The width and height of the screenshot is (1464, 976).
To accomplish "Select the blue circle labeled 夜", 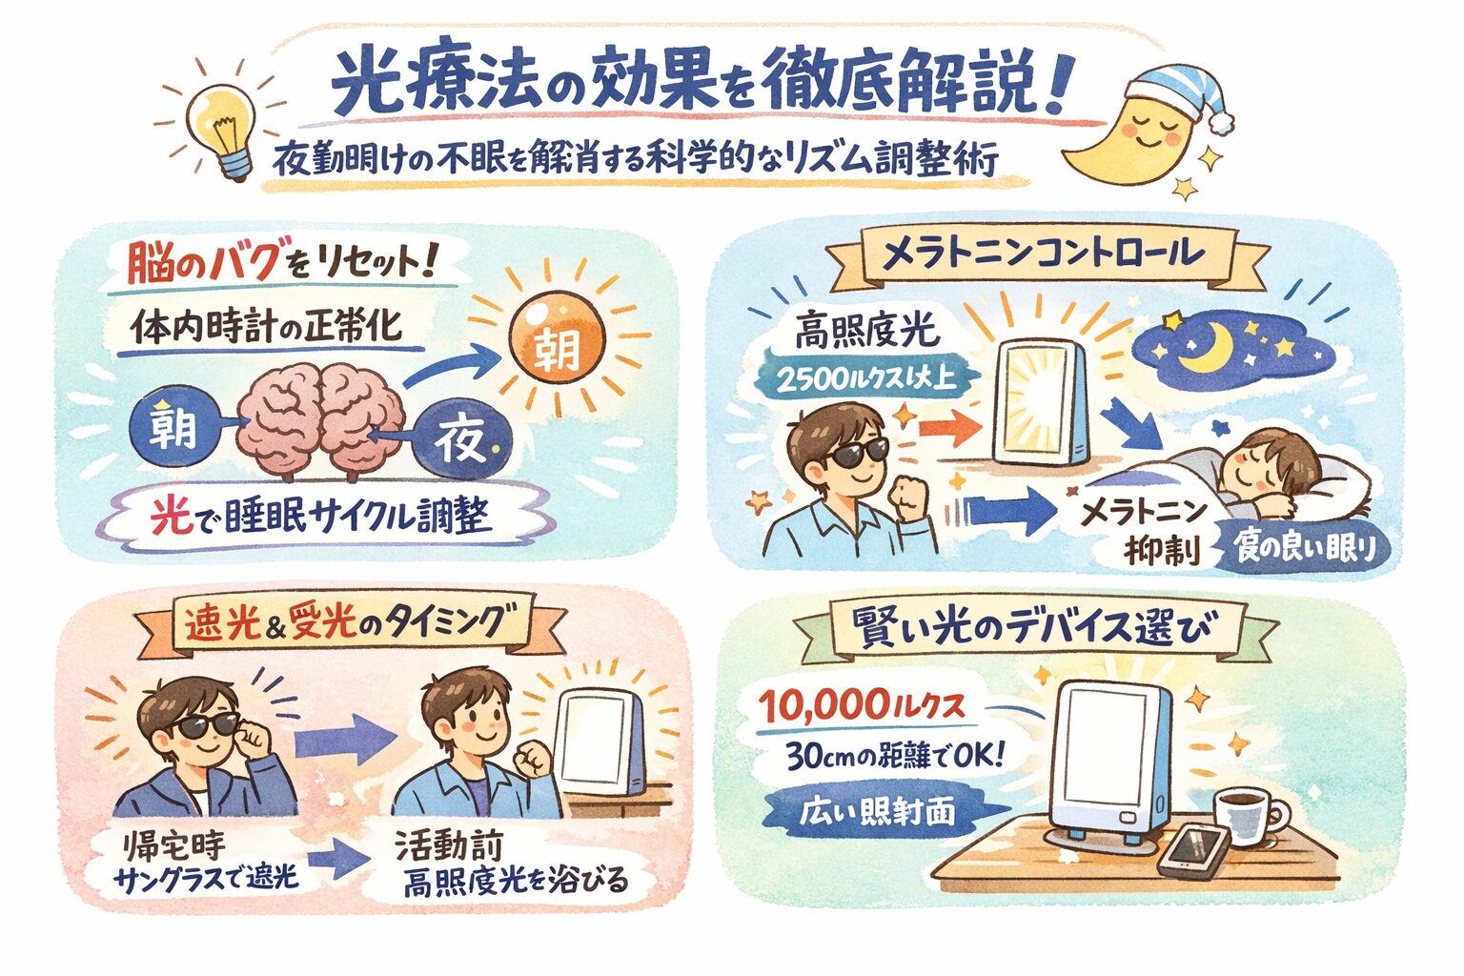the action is click(462, 437).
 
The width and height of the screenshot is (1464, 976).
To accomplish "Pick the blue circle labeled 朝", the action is click(173, 428).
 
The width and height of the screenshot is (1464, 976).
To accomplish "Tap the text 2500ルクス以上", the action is click(866, 378).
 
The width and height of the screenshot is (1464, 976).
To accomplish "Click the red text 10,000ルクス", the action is click(861, 705).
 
